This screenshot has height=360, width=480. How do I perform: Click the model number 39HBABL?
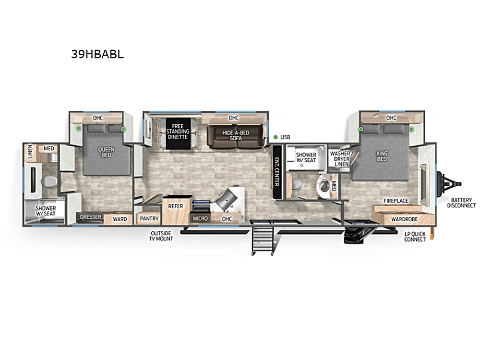coord(97,54)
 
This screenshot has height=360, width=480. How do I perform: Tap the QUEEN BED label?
coord(106,152)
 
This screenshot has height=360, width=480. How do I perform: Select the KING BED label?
coord(382,156)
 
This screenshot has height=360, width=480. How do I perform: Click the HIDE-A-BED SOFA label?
coord(236,135)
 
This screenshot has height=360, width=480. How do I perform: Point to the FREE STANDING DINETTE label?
coord(178,132)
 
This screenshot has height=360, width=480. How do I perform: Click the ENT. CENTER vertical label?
coord(277,172)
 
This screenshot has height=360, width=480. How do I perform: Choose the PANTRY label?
coord(149,218)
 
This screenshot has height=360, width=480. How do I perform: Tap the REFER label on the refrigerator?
coord(176,206)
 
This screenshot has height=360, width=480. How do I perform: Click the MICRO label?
coord(200,218)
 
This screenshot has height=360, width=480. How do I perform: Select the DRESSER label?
coord(91,217)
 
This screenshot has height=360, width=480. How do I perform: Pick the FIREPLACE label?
coord(396,201)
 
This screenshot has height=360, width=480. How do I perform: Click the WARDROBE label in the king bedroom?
coord(404,219)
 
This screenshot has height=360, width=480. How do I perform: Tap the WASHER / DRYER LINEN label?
coord(341,158)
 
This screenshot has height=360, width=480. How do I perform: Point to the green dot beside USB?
coord(276,137)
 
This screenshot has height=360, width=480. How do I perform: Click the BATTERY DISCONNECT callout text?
coord(461,203)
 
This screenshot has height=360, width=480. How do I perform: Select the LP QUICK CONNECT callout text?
coord(415,237)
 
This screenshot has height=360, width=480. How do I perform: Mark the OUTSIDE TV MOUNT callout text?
coord(161,236)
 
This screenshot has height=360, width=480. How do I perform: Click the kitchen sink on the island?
coord(226,200)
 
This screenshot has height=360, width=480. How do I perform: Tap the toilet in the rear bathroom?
coord(49,181)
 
